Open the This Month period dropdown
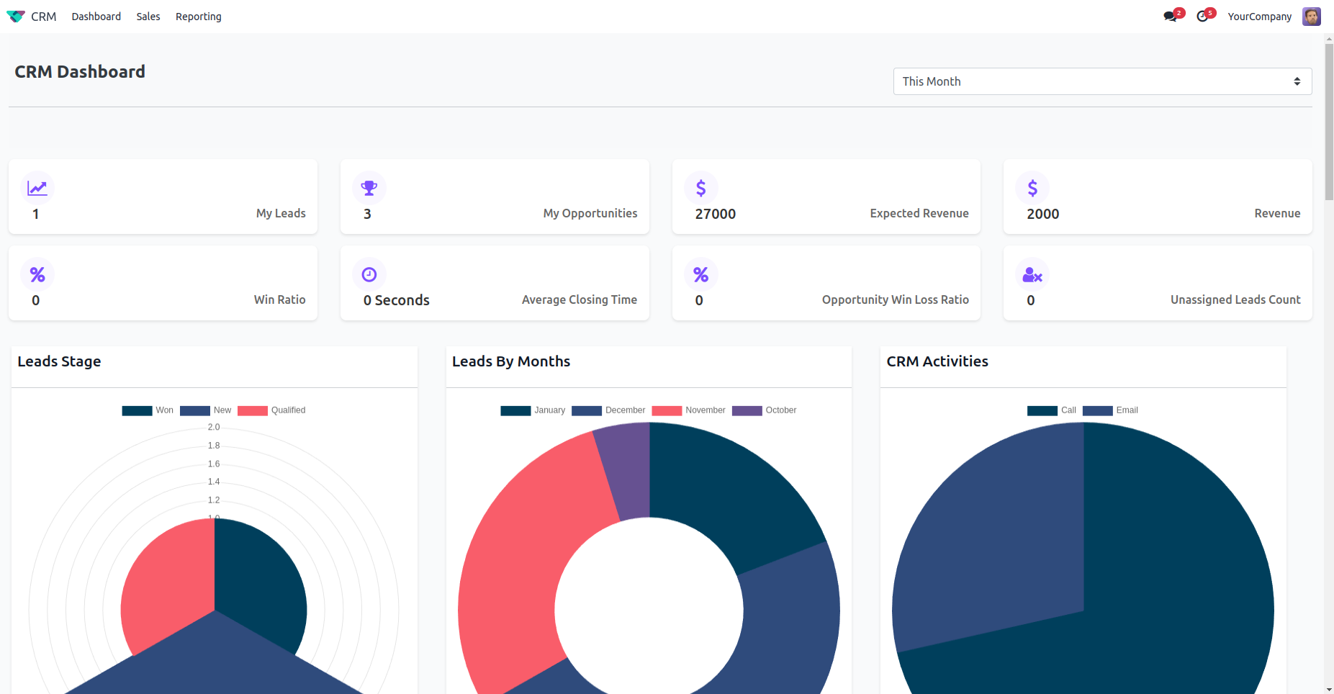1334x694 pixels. (1101, 81)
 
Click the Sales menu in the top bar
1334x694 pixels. (148, 17)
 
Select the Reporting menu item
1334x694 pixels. (198, 17)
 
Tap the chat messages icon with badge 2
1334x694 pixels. (1171, 17)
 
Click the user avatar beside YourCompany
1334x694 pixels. (1311, 17)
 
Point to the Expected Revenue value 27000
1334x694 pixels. (715, 214)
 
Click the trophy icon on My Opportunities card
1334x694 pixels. (369, 188)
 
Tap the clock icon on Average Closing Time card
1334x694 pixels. (369, 274)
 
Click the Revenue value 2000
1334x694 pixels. (1042, 214)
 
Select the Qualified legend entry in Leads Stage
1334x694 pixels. (272, 410)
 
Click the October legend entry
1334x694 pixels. (765, 410)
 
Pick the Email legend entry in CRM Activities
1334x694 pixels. (1111, 410)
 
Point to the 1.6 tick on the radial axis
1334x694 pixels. (214, 464)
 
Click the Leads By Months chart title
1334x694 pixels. (510, 361)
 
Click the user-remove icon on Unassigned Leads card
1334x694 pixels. (1032, 274)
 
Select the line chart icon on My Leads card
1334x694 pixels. (37, 188)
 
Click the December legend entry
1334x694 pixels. (609, 410)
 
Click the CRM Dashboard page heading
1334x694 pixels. (80, 72)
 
